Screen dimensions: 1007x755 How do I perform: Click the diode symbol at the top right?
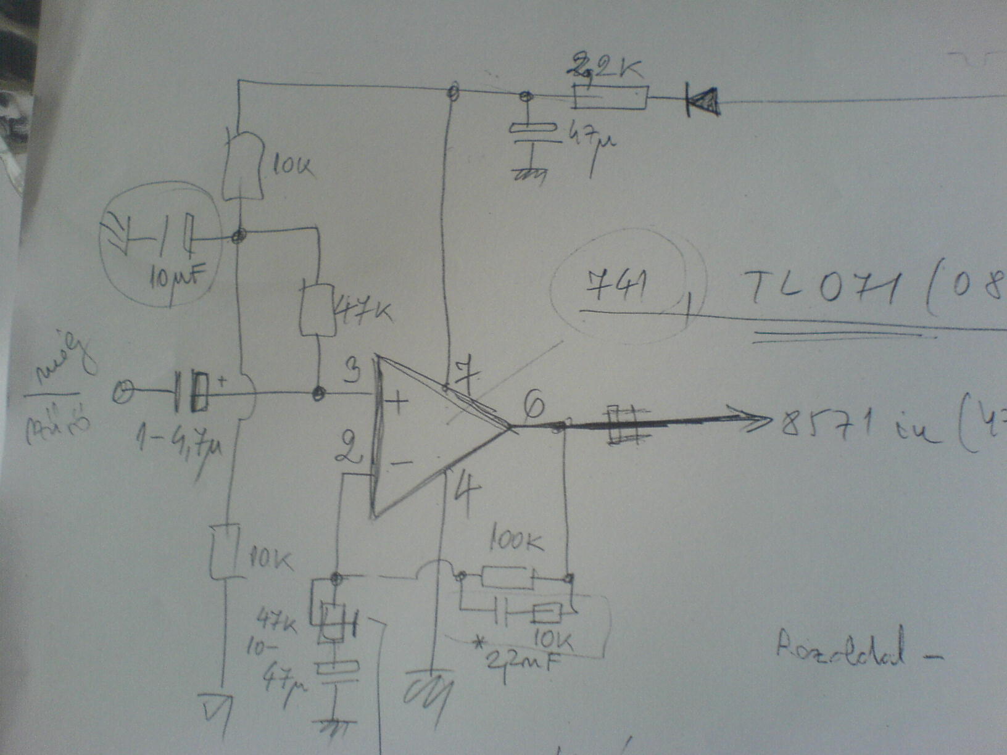[703, 101]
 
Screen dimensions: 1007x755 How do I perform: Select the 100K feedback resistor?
[506, 579]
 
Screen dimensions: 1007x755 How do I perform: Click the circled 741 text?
[618, 287]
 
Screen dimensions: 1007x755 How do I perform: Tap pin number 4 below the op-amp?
[467, 497]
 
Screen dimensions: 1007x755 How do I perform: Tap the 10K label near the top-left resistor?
[290, 165]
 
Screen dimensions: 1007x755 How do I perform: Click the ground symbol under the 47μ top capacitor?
[529, 173]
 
